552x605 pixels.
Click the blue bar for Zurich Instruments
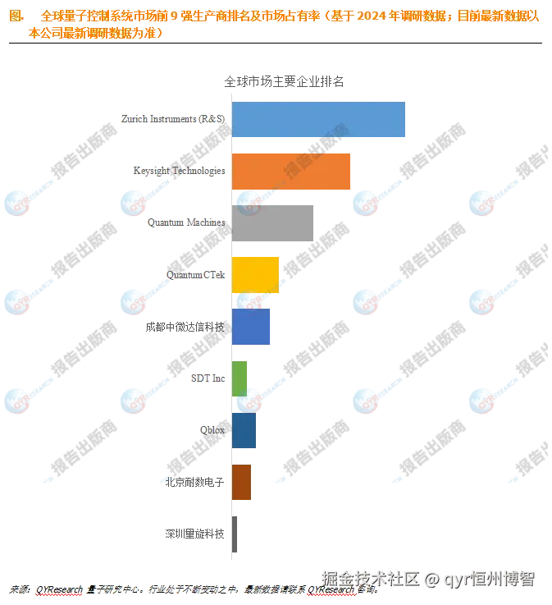[318, 119]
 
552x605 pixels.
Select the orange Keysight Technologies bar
[291, 171]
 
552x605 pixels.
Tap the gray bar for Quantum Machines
[272, 222]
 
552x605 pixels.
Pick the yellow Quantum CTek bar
[255, 274]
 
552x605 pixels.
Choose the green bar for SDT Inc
[240, 378]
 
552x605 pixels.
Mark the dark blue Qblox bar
[243, 430]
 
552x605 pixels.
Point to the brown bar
[241, 482]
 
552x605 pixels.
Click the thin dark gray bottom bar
[236, 534]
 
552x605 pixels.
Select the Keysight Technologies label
[179, 171]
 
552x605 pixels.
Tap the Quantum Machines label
[186, 222]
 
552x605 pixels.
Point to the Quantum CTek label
[195, 274]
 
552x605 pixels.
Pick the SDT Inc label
[208, 378]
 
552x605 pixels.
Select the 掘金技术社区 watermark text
[370, 580]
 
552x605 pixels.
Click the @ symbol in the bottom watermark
[431, 580]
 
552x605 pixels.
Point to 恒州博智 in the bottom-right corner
[509, 580]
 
